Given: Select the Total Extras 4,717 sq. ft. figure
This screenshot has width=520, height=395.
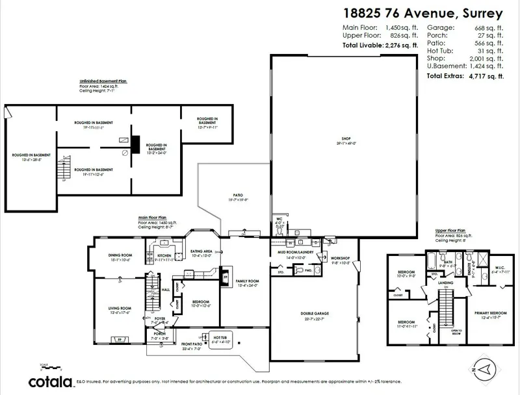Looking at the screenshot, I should coord(465,76).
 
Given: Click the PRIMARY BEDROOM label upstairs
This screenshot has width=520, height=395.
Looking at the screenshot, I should coord(482,314).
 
